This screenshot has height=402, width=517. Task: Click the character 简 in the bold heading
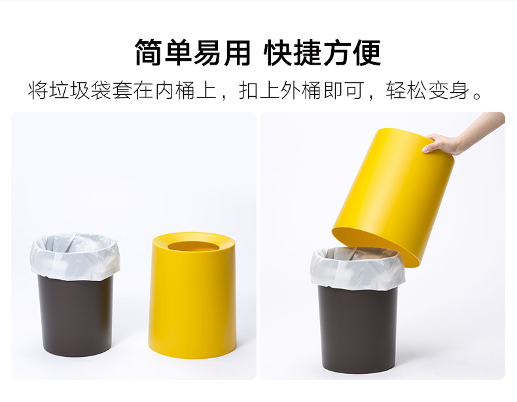pos(149,53)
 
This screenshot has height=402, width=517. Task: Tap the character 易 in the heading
pos(207,53)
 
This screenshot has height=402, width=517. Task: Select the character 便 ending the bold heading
pos(367,53)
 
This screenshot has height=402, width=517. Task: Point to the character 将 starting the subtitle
pos(38,90)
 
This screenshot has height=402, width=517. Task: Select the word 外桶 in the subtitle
pos(301,90)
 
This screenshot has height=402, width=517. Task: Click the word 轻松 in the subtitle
pos(406,90)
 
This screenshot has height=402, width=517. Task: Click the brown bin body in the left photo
pos(76,315)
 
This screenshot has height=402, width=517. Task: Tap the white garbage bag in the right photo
pos(357,269)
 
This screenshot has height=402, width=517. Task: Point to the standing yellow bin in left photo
pos(192,296)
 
